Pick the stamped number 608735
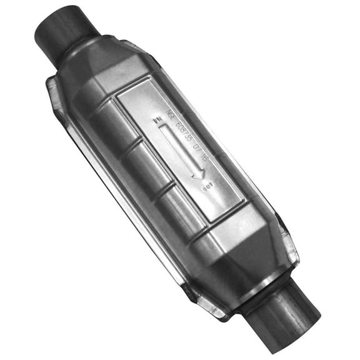pos(187,134)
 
